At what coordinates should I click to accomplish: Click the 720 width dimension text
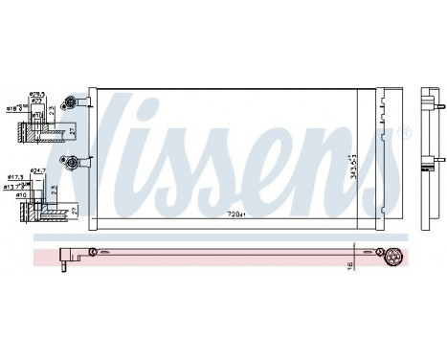tap(235, 214)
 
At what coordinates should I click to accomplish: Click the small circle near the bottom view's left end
tap(92, 252)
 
